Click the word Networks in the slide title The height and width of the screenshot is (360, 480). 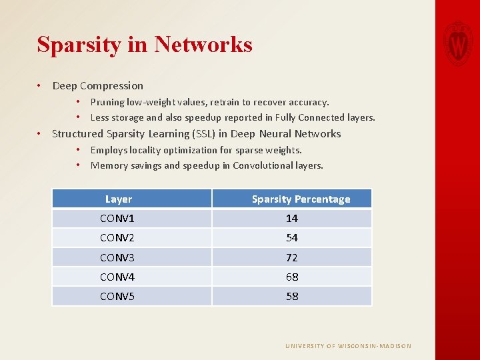(203, 45)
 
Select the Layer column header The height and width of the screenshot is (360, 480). (119, 199)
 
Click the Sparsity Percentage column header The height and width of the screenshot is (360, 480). (301, 199)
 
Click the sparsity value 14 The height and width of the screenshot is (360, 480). (292, 219)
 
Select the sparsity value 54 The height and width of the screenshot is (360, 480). (292, 238)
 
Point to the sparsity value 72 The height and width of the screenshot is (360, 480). (292, 257)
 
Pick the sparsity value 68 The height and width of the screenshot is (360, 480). (292, 277)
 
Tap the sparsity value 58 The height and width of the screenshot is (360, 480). (292, 296)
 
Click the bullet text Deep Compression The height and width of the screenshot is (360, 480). (97, 85)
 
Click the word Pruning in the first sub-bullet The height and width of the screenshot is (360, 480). (107, 102)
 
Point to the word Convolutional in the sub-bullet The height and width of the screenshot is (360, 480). (262, 165)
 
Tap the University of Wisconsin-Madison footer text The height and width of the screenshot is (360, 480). (348, 346)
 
